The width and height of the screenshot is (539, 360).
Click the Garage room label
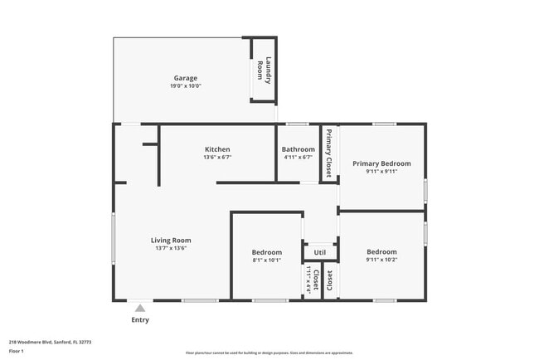[x=185, y=78]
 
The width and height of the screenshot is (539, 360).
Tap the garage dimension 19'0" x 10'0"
[x=185, y=86]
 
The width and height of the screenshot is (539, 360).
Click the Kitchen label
[x=217, y=149]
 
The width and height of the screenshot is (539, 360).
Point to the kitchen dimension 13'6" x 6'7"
[x=217, y=158]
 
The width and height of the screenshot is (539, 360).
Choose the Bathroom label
[x=298, y=149]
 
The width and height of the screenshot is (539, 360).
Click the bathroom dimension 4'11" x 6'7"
[x=298, y=158]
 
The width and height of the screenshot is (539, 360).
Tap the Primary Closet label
[x=328, y=153]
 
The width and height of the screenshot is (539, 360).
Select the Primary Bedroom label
[x=381, y=163]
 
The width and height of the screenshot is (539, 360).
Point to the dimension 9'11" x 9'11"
[x=381, y=172]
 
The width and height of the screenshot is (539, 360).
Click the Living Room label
[x=171, y=241]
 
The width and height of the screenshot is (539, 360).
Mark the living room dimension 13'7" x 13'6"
[x=171, y=249]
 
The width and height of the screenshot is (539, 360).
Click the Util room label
[x=319, y=252]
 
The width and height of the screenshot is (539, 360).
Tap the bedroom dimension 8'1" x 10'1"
[x=266, y=260]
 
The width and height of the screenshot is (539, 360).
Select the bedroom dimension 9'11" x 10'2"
[x=381, y=260]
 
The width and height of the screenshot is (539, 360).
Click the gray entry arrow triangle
[x=140, y=308]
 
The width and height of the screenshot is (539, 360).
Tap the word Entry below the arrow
[x=140, y=320]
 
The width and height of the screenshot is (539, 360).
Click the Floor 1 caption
[x=17, y=351]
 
